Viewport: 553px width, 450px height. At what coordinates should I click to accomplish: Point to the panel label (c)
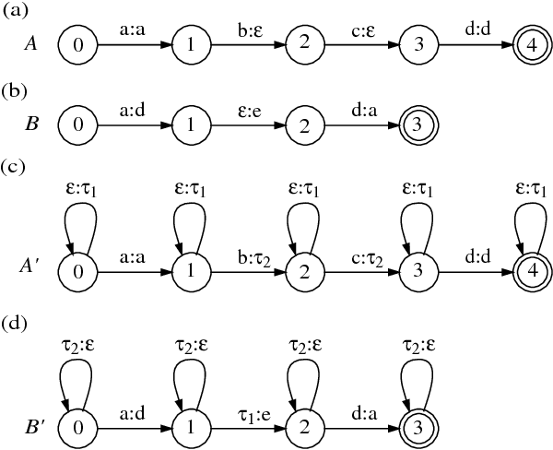pos(14,167)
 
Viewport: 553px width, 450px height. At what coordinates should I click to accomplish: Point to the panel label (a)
pos(14,10)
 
